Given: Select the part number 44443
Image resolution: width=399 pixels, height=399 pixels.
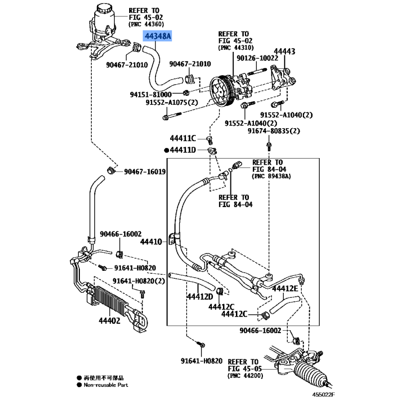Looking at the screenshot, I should tap(284, 51).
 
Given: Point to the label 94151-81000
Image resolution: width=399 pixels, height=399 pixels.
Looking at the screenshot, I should tap(151, 94).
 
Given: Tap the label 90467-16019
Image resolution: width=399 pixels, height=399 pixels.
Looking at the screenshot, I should tap(145, 172).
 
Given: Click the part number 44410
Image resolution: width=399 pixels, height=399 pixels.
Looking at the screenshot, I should tap(151, 242).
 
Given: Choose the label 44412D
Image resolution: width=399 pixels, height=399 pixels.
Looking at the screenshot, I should tap(200, 297).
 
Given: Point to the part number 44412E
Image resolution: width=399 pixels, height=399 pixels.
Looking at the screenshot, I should tap(286, 289).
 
